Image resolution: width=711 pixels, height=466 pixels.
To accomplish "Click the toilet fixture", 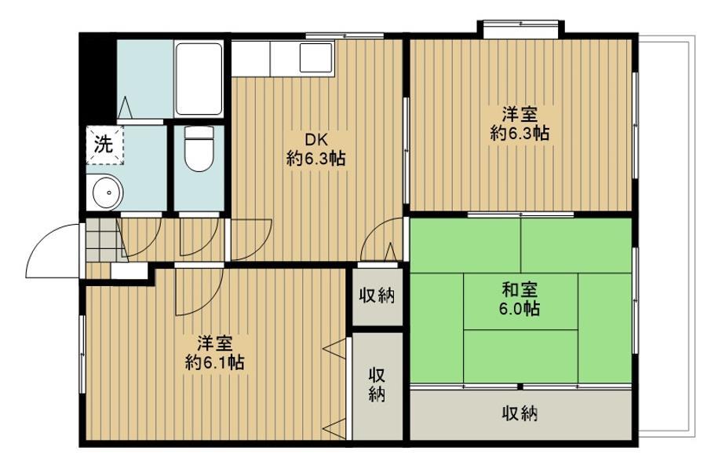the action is (199, 149).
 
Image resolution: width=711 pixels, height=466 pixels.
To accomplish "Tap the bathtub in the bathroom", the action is (199, 79).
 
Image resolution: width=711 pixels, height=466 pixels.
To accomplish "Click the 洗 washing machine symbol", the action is (104, 145).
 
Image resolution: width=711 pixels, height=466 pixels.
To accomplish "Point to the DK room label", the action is (315, 139).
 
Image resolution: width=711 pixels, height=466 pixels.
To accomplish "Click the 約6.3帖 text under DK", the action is (315, 159).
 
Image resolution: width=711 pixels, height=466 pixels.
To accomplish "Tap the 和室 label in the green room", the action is (520, 289).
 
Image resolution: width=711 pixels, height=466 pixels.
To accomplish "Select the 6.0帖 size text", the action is (520, 309).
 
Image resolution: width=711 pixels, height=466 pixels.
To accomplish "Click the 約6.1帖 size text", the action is (215, 362).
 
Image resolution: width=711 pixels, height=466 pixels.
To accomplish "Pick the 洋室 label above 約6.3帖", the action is (520, 114).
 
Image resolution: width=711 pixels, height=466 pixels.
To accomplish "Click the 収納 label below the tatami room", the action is (520, 413).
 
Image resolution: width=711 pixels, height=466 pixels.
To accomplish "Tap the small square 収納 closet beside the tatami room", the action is (377, 297).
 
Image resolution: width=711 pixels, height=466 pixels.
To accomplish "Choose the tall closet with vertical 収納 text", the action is (377, 386).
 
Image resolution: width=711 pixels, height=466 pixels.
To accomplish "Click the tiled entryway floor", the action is (100, 240).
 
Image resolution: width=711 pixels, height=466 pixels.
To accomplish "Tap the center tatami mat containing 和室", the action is (520, 301).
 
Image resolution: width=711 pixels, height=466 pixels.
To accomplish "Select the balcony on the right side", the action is (665, 237).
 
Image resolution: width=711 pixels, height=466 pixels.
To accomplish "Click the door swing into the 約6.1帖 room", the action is (199, 291).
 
